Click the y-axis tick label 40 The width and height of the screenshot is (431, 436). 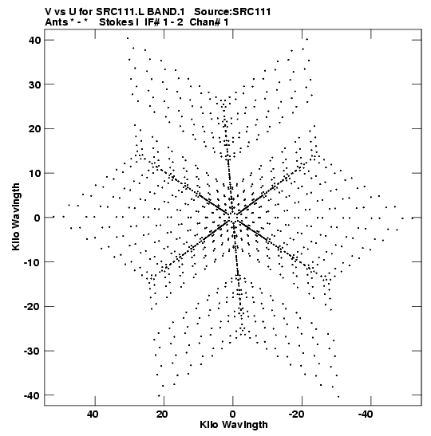pyautogui.click(x=34, y=40)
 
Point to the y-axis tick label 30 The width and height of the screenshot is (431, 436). pyautogui.click(x=34, y=84)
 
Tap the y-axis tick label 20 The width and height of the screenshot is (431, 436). pyautogui.click(x=34, y=129)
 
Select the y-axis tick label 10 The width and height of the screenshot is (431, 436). pyautogui.click(x=34, y=173)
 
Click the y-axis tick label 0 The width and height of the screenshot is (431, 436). pyautogui.click(x=38, y=218)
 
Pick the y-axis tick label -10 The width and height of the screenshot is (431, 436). pyautogui.click(x=32, y=262)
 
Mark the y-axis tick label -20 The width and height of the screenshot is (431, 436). pyautogui.click(x=32, y=306)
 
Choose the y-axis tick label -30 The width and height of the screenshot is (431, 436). pyautogui.click(x=32, y=351)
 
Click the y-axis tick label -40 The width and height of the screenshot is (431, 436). pyautogui.click(x=32, y=395)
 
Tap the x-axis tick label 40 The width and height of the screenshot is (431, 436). pyautogui.click(x=93, y=414)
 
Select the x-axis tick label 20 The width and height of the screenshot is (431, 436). pyautogui.click(x=162, y=414)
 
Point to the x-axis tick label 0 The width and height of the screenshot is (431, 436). pyautogui.click(x=233, y=414)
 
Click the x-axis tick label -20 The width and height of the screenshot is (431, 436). pyautogui.click(x=298, y=414)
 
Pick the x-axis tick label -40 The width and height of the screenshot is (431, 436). pyautogui.click(x=366, y=414)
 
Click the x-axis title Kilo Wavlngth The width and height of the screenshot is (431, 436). pyautogui.click(x=234, y=425)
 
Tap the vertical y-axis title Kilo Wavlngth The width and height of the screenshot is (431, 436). pyautogui.click(x=16, y=217)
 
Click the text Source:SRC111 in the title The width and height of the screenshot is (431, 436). pyautogui.click(x=232, y=12)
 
